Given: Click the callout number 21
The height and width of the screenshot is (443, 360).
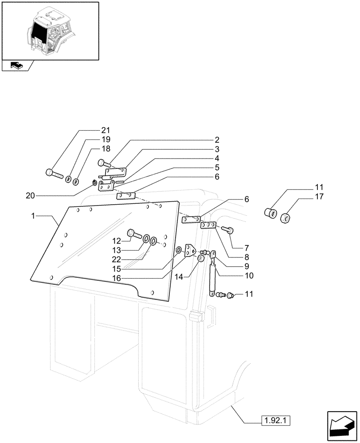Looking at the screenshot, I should (105, 130).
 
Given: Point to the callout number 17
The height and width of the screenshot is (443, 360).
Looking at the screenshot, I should (319, 196).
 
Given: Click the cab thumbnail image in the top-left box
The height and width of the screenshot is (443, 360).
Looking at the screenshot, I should (50, 30).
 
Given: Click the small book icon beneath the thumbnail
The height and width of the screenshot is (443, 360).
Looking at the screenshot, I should (16, 66).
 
